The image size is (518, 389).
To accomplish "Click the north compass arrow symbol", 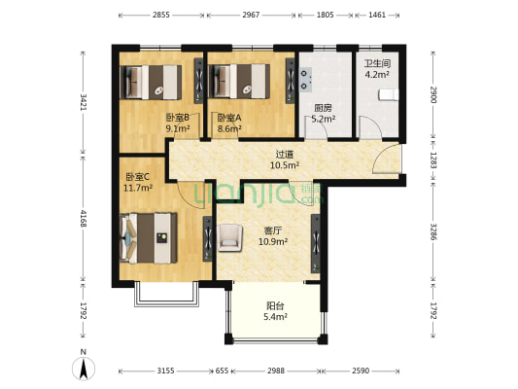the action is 84,367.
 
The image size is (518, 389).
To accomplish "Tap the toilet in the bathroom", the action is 388,94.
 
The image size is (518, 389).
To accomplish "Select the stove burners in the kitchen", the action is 306,80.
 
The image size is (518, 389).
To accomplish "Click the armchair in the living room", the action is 230,237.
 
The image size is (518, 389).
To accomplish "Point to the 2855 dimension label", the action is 161,15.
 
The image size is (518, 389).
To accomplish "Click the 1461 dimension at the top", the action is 377,15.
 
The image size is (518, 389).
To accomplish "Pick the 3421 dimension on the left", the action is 84,102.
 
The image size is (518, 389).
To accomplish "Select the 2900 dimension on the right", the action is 433,94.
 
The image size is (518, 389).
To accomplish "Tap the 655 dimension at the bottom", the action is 222,371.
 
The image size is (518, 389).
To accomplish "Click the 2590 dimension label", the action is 361,371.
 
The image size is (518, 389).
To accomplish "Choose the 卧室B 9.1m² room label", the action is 178,123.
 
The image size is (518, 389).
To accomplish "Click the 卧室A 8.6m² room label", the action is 229,123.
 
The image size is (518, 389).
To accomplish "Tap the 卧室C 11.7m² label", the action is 138,182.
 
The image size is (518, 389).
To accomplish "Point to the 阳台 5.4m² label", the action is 275,311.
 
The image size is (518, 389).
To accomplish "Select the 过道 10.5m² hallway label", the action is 285,159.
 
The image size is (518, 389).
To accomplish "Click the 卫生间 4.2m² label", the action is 377,69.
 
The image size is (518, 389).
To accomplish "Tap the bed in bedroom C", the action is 149,238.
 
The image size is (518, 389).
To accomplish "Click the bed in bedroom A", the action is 239,82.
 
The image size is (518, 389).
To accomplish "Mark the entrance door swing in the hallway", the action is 386,159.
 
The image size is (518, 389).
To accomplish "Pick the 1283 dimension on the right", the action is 433,159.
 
